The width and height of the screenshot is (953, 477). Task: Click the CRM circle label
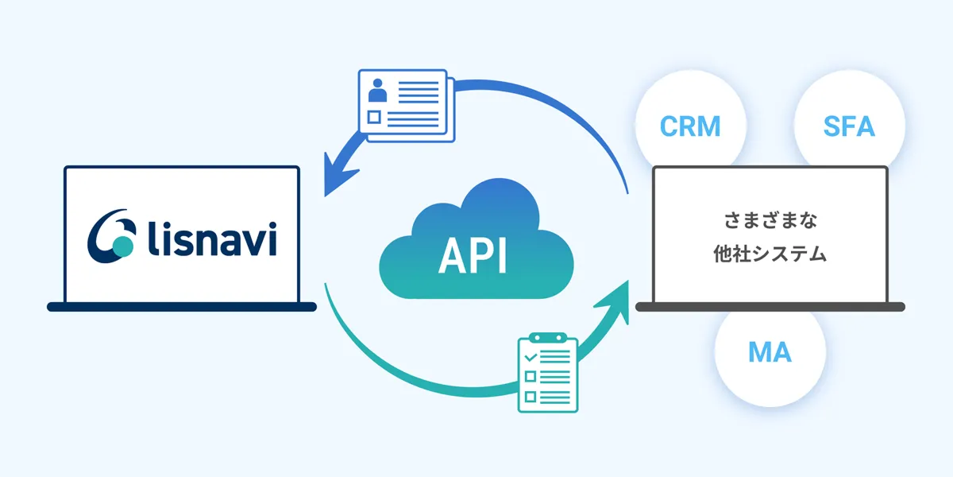point(690,126)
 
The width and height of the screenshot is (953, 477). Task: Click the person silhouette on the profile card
point(378,91)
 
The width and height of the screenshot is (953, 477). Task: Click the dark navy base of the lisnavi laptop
point(182,306)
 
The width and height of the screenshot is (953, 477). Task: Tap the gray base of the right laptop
point(770,306)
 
